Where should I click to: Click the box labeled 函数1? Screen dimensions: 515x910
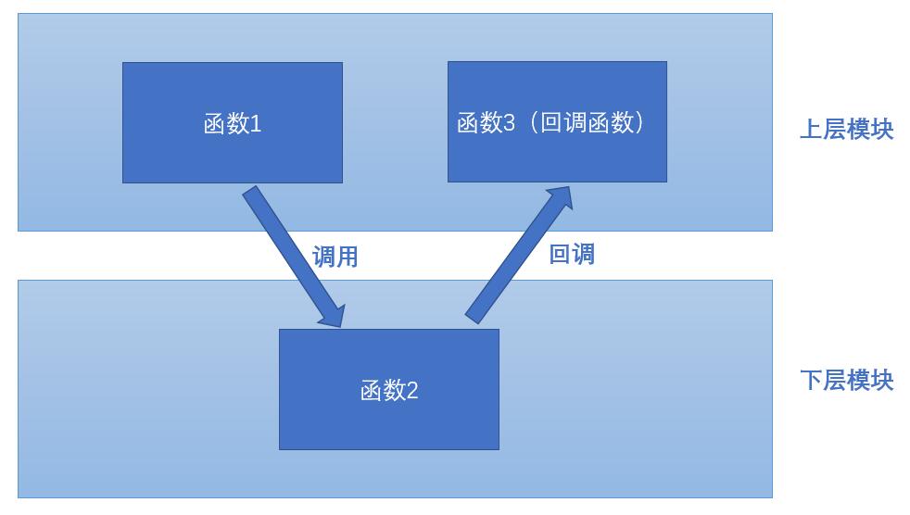coord(232,122)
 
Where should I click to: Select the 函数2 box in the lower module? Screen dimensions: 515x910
coord(388,389)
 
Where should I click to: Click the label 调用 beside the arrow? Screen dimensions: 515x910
coord(335,257)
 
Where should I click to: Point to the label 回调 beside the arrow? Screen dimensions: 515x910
coord(572,254)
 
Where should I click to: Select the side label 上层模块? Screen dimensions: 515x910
coord(846,129)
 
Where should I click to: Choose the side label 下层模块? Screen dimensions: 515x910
coord(846,380)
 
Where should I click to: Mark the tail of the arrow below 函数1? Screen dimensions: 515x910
coord(253,195)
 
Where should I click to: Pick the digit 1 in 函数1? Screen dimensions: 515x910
coord(256,123)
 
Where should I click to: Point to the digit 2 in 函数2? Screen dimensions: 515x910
coord(412,390)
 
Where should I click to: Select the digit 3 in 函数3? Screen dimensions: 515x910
coord(509,122)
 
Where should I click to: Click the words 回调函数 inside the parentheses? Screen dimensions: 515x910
coord(586,122)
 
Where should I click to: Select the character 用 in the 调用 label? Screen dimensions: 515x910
coord(347,257)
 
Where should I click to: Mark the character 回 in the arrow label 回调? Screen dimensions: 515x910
coord(560,254)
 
